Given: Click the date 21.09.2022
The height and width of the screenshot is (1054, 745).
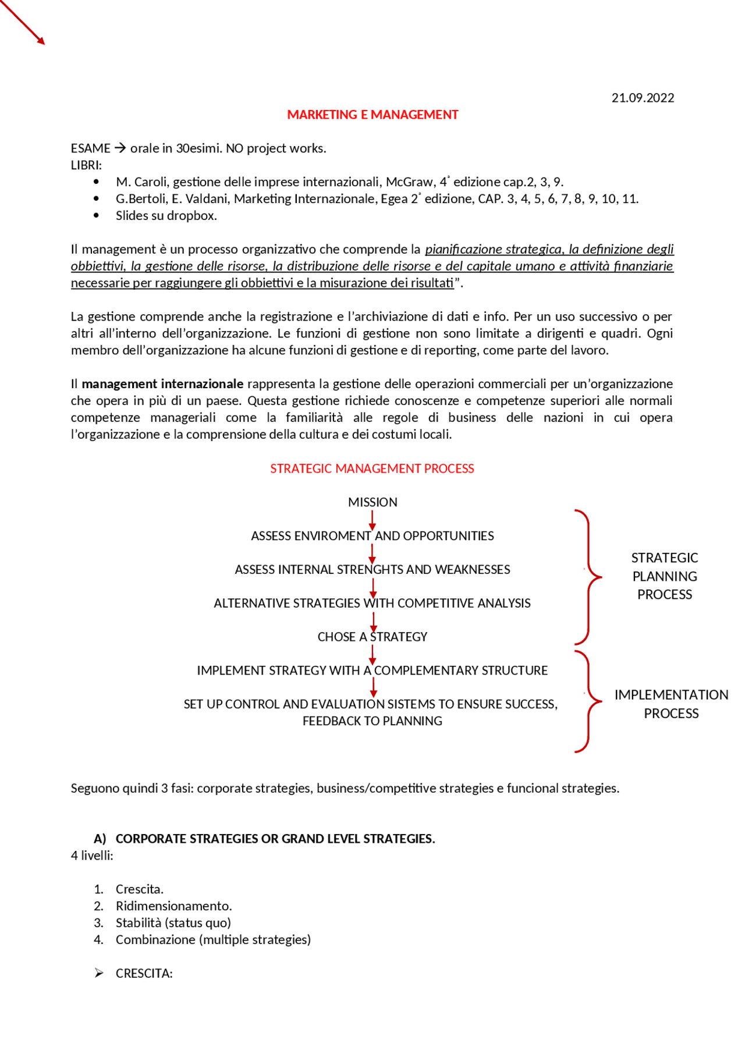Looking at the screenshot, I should point(643,98).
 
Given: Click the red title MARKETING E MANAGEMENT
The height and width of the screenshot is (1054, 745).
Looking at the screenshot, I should point(372,115).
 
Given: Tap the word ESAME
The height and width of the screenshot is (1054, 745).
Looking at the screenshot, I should point(90,148).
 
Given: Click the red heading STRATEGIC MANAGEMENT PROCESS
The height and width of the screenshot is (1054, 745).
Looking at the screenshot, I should point(372,469).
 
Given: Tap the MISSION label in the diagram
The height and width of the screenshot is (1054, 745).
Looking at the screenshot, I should point(372,502).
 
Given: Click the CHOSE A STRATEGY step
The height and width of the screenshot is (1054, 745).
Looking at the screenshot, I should point(372,637).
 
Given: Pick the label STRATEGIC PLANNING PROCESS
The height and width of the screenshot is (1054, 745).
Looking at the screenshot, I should point(665,576).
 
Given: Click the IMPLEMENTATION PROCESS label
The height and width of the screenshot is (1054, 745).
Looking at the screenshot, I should point(671,704).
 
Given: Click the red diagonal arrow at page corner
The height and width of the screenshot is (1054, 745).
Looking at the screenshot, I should point(23,22).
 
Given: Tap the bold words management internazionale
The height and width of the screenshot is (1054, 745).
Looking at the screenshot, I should point(162,384).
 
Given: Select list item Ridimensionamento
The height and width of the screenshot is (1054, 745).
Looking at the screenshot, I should point(173,906).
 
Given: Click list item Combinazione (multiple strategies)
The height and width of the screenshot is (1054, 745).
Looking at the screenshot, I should point(213,940).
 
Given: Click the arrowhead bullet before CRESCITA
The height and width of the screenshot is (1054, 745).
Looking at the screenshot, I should point(99,974).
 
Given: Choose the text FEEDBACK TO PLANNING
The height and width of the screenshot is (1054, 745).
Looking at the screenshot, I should point(372,721).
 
